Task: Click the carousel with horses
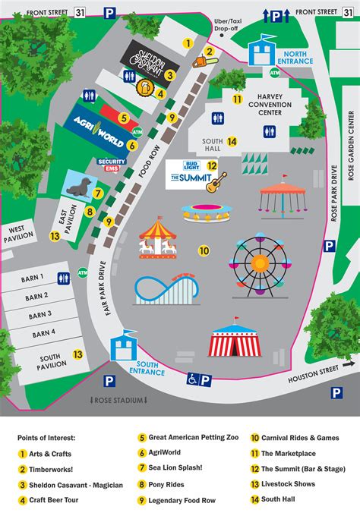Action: pos(156,238)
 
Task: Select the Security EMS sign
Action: pos(112,165)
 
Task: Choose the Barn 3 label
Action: pos(40,313)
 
